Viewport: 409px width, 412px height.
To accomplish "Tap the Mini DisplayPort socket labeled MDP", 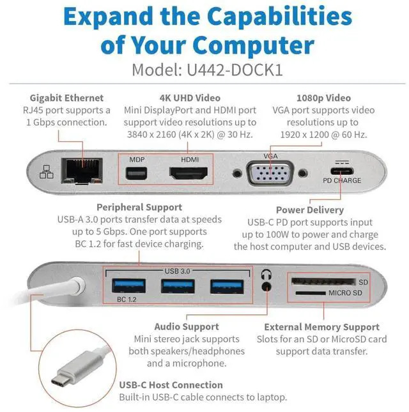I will click(136, 173).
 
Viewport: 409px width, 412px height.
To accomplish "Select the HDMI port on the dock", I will click(190, 173).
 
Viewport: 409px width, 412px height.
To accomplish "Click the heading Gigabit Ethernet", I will click(66, 98).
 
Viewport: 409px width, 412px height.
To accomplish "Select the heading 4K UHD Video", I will click(190, 98).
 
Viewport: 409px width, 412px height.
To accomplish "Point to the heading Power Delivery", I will click(309, 210).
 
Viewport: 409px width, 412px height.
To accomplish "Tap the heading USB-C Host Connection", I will click(171, 385).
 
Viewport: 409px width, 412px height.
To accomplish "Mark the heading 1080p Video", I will click(323, 98).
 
